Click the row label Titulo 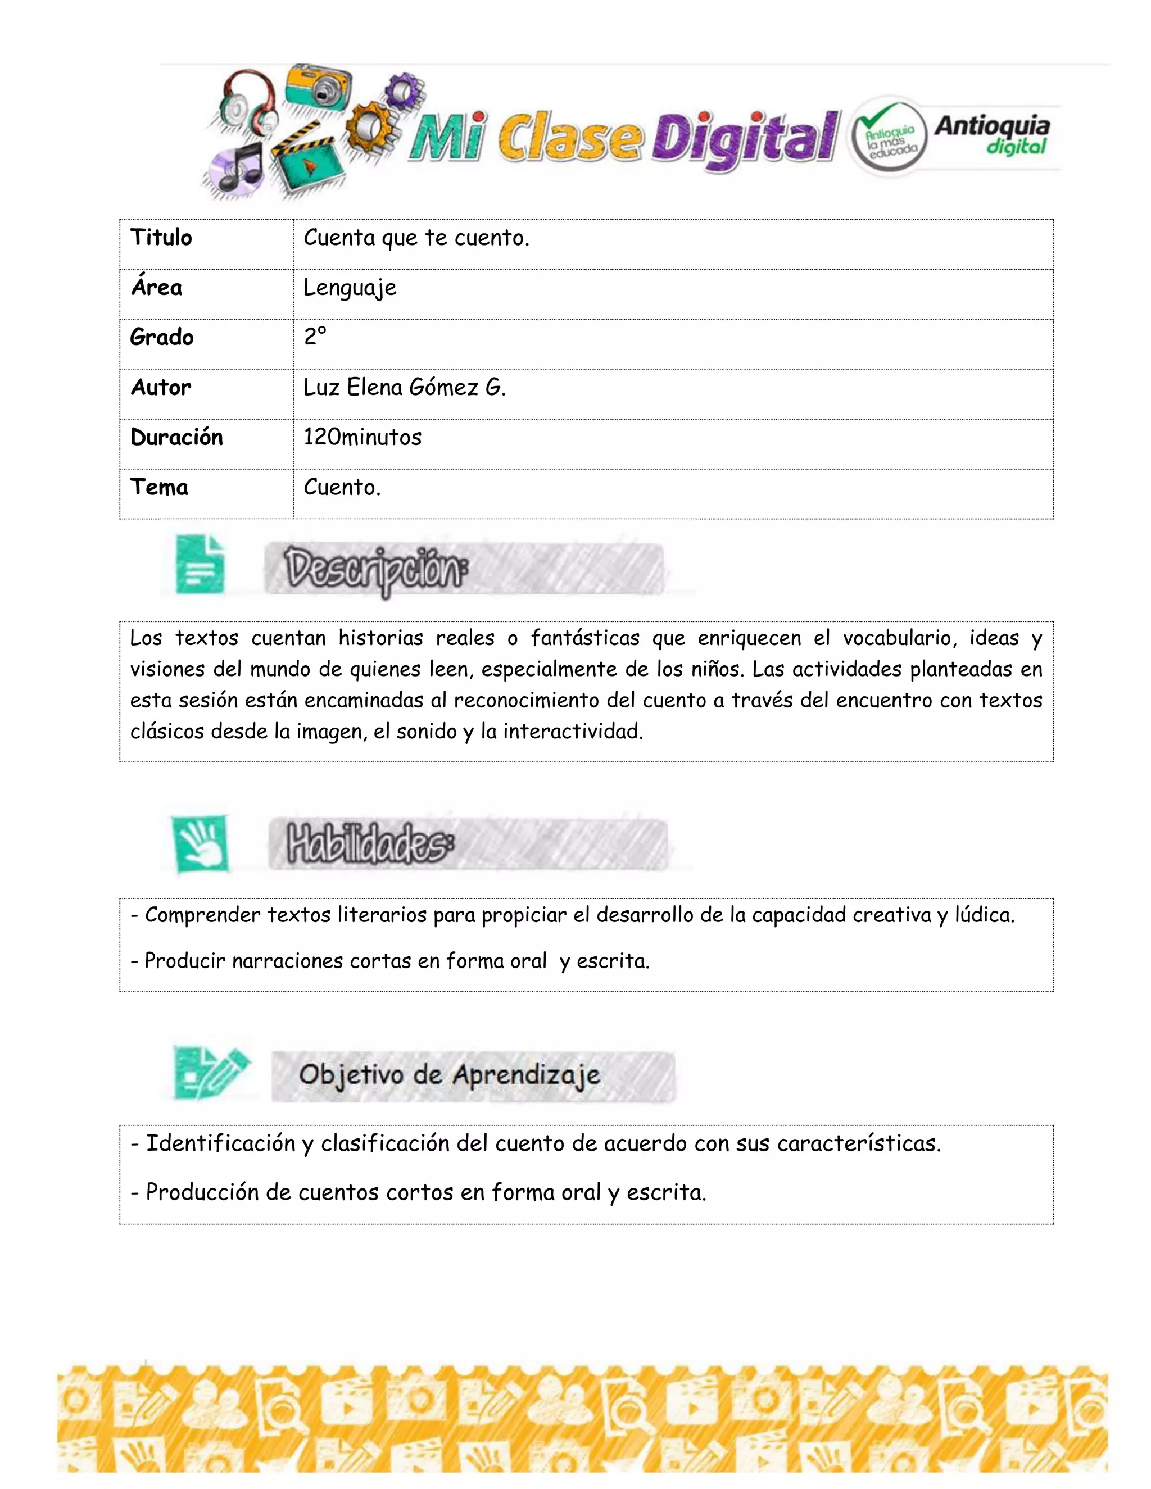[x=162, y=237]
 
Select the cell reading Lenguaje [x=350, y=288]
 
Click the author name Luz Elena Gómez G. [x=404, y=387]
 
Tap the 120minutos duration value [x=362, y=437]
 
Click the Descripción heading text [x=377, y=569]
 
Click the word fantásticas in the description [x=585, y=638]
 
